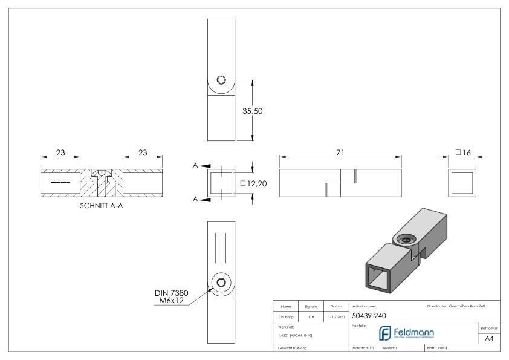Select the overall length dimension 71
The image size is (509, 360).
pyautogui.click(x=340, y=153)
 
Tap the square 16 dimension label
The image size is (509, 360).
pyautogui.click(x=464, y=153)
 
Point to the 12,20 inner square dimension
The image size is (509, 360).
pyautogui.click(x=254, y=183)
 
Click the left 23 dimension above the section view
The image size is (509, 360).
pyautogui.click(x=60, y=153)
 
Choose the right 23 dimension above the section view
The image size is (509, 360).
pyautogui.click(x=143, y=153)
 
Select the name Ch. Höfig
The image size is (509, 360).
pyautogui.click(x=288, y=315)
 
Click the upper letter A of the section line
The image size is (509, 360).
pyautogui.click(x=197, y=166)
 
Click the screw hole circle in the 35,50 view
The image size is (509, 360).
pyautogui.click(x=221, y=80)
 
